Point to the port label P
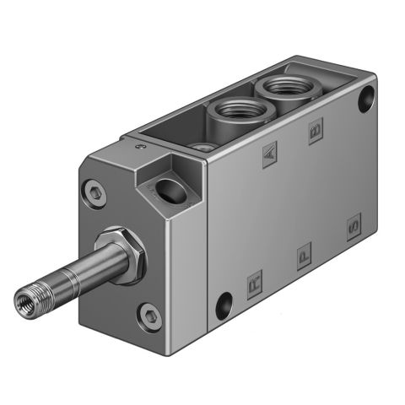click(304, 252)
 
